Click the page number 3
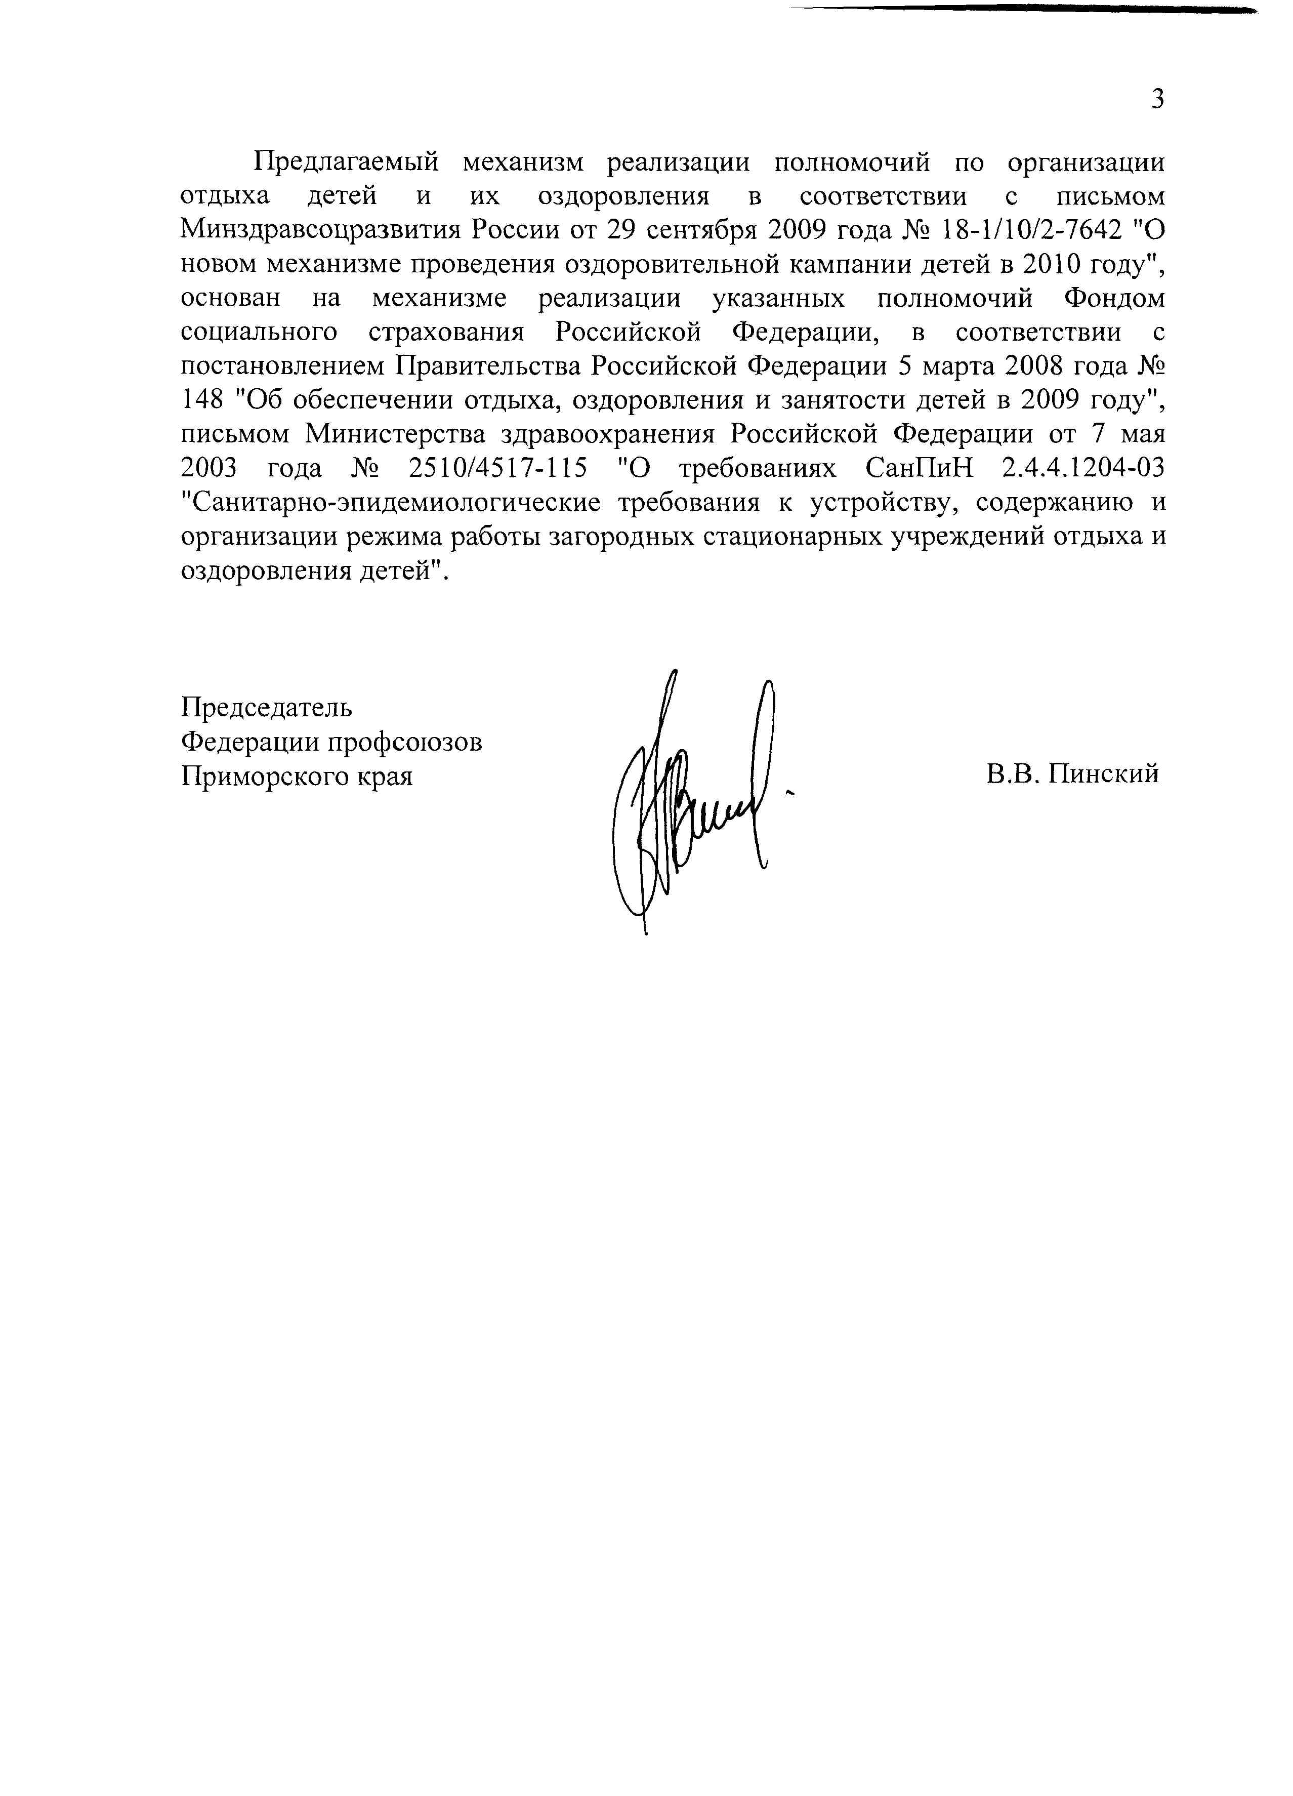click(1157, 100)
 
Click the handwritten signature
click(697, 800)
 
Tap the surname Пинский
click(1105, 773)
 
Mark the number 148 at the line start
click(203, 401)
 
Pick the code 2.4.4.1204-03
click(1083, 469)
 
